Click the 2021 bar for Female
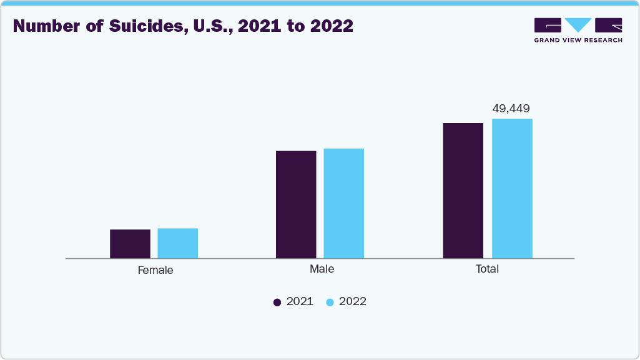click(x=130, y=243)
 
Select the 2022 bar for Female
click(x=177, y=243)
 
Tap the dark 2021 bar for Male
click(x=296, y=204)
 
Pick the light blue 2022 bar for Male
click(x=343, y=203)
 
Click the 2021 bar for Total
click(x=463, y=190)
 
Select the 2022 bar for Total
click(x=512, y=188)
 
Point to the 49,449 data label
click(x=511, y=109)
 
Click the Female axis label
click(x=155, y=271)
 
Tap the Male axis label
click(x=322, y=270)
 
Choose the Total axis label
click(x=488, y=270)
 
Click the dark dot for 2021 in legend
click(x=277, y=302)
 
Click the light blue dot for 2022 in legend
click(x=330, y=302)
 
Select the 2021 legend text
click(x=300, y=302)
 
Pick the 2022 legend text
click(x=353, y=302)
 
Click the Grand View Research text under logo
click(x=578, y=40)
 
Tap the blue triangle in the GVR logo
click(x=578, y=25)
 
